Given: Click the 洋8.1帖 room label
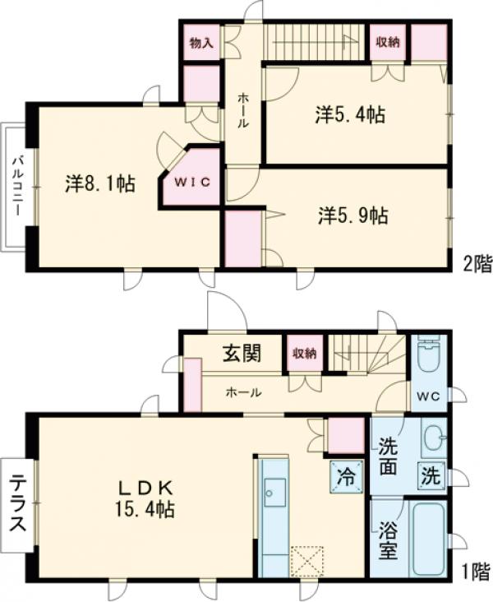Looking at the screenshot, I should point(100,183).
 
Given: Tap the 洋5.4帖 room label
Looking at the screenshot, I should point(349,116).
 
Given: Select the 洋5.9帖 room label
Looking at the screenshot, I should point(353,215).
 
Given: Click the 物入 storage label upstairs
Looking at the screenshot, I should point(200,43).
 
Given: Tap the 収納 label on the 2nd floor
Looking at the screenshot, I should point(388,43).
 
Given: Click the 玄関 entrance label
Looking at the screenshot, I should point(242,354).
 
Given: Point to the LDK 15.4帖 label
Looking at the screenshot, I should point(145,498).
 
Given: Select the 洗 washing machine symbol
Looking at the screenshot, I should point(431,475).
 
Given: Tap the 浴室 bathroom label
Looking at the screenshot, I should point(389,536).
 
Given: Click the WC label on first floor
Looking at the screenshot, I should point(428,395).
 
